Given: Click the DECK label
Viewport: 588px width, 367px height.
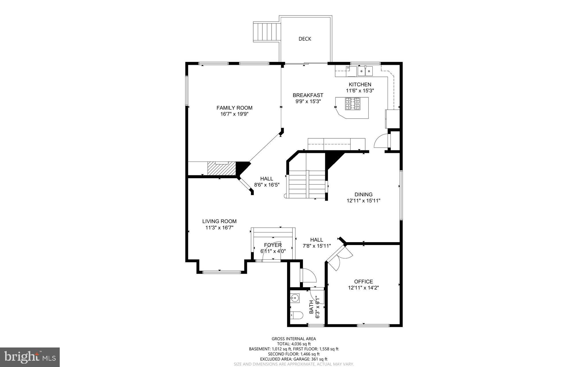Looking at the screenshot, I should [305, 39].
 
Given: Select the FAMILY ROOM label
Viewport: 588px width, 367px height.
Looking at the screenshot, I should [234, 108].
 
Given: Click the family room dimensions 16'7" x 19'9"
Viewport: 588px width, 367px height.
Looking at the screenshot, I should [234, 114].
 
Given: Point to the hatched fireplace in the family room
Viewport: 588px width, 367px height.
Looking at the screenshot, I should [221, 168].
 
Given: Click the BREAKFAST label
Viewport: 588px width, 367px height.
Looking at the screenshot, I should [308, 95].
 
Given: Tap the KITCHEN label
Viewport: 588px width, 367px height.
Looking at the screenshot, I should [360, 84].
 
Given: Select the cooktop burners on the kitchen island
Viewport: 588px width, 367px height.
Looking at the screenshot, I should [352, 104].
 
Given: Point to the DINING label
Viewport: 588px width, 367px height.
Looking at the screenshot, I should [363, 195].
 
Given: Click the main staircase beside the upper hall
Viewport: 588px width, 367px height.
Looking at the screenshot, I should [307, 184].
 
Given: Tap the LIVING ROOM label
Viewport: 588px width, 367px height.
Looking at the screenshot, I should [219, 221].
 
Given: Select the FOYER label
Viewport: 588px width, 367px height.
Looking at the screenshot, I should [273, 245].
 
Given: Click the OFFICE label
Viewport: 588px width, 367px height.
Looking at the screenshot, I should [363, 281].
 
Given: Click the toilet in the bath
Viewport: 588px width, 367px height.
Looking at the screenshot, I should [296, 315].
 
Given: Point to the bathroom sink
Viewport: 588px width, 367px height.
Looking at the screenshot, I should [295, 298].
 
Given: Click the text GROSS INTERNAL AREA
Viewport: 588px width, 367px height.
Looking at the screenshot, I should [293, 339].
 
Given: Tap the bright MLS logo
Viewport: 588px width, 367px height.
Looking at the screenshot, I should [30, 357].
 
